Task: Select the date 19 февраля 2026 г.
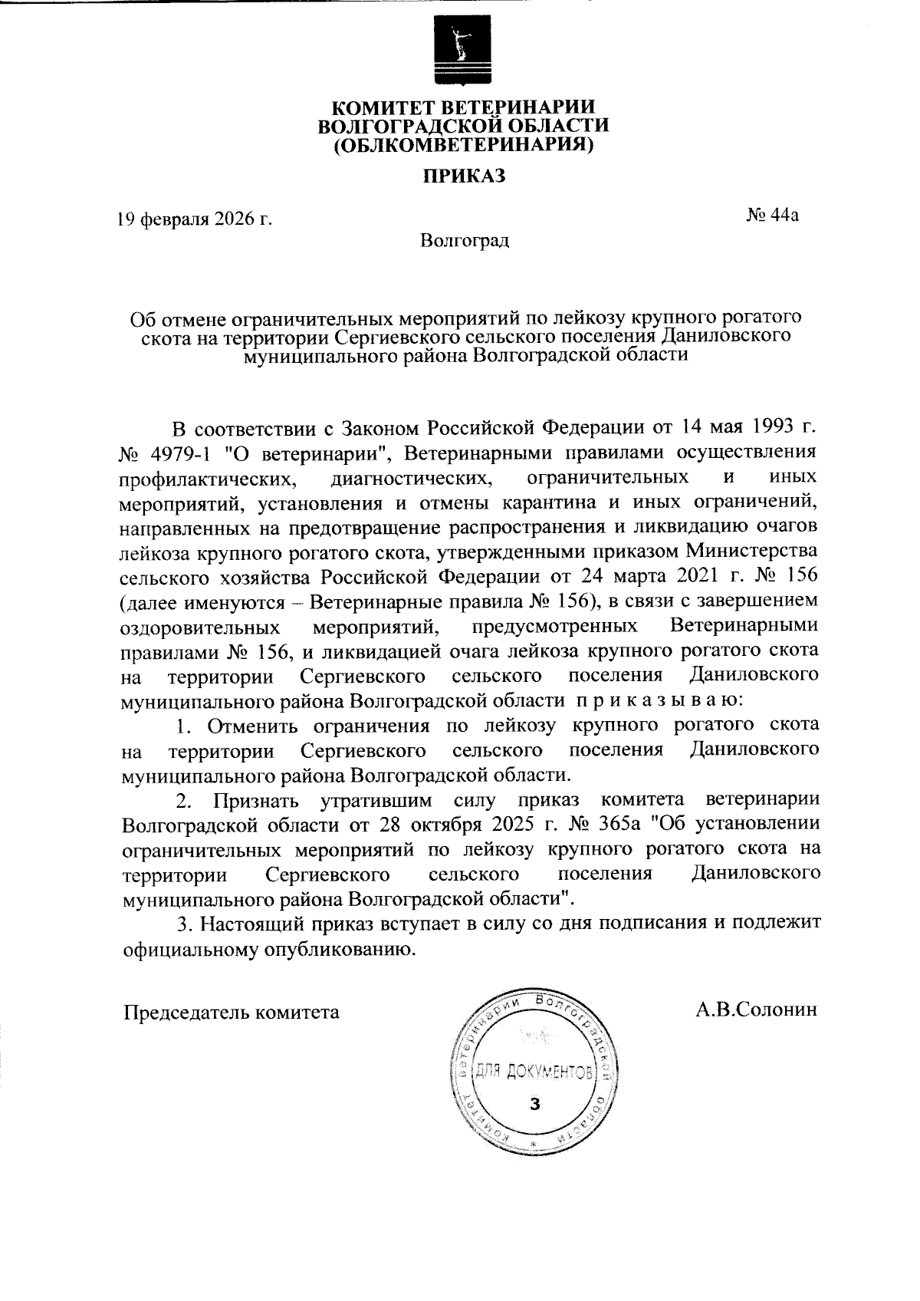click(195, 220)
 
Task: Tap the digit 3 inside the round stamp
click(535, 1105)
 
